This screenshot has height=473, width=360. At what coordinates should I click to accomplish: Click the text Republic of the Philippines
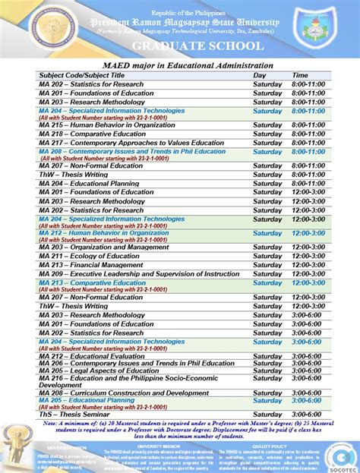click(x=180, y=13)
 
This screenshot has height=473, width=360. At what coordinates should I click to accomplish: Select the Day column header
click(x=260, y=75)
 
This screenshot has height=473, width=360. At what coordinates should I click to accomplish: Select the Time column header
click(x=301, y=75)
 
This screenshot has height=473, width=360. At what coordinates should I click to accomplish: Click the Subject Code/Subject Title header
click(x=81, y=75)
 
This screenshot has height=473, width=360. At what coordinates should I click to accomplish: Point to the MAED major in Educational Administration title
click(x=181, y=66)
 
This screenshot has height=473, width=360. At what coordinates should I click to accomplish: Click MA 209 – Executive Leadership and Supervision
click(x=139, y=273)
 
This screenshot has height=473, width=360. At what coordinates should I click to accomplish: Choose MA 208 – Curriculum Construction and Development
click(x=123, y=393)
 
